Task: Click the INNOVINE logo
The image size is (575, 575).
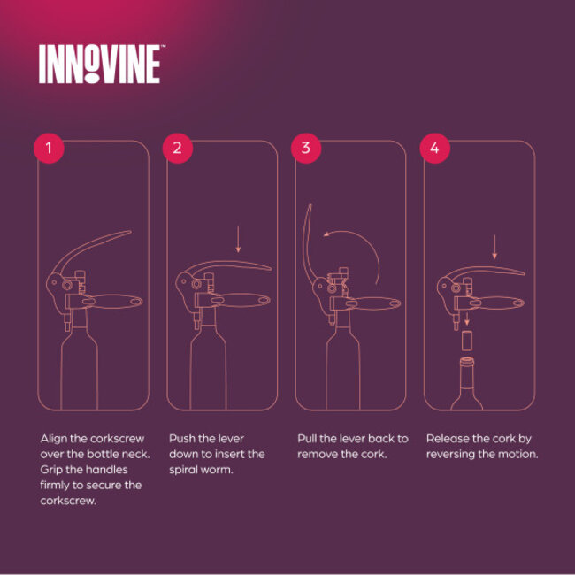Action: (x=99, y=65)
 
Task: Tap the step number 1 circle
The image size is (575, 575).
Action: (x=50, y=148)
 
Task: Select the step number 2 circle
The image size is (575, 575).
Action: (x=178, y=148)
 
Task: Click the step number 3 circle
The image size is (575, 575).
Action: (x=306, y=148)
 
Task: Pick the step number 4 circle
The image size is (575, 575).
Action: (x=434, y=148)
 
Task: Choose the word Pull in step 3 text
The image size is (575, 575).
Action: (x=309, y=439)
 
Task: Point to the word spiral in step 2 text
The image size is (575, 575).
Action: (x=184, y=470)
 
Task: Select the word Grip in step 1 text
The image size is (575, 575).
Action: (x=52, y=470)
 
